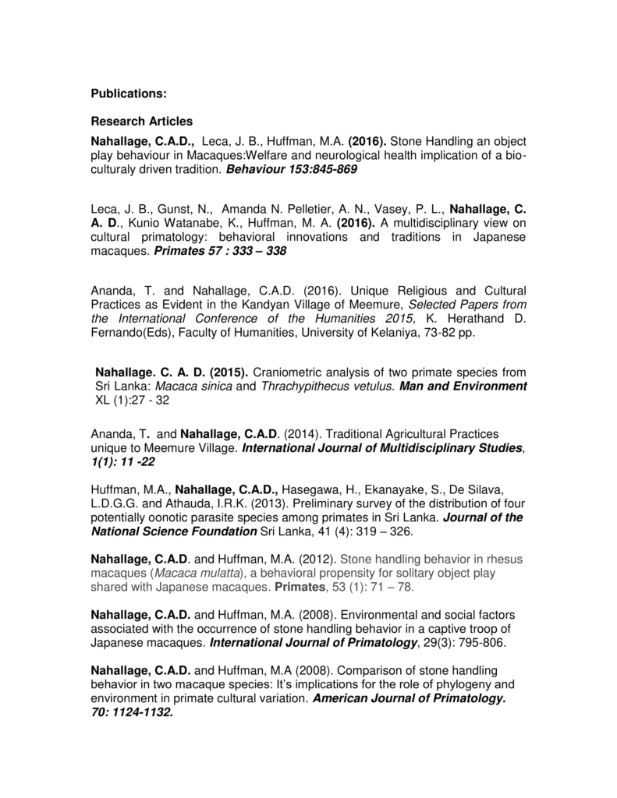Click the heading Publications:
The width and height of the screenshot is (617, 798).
129,94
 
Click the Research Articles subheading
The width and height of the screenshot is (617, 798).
142,122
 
